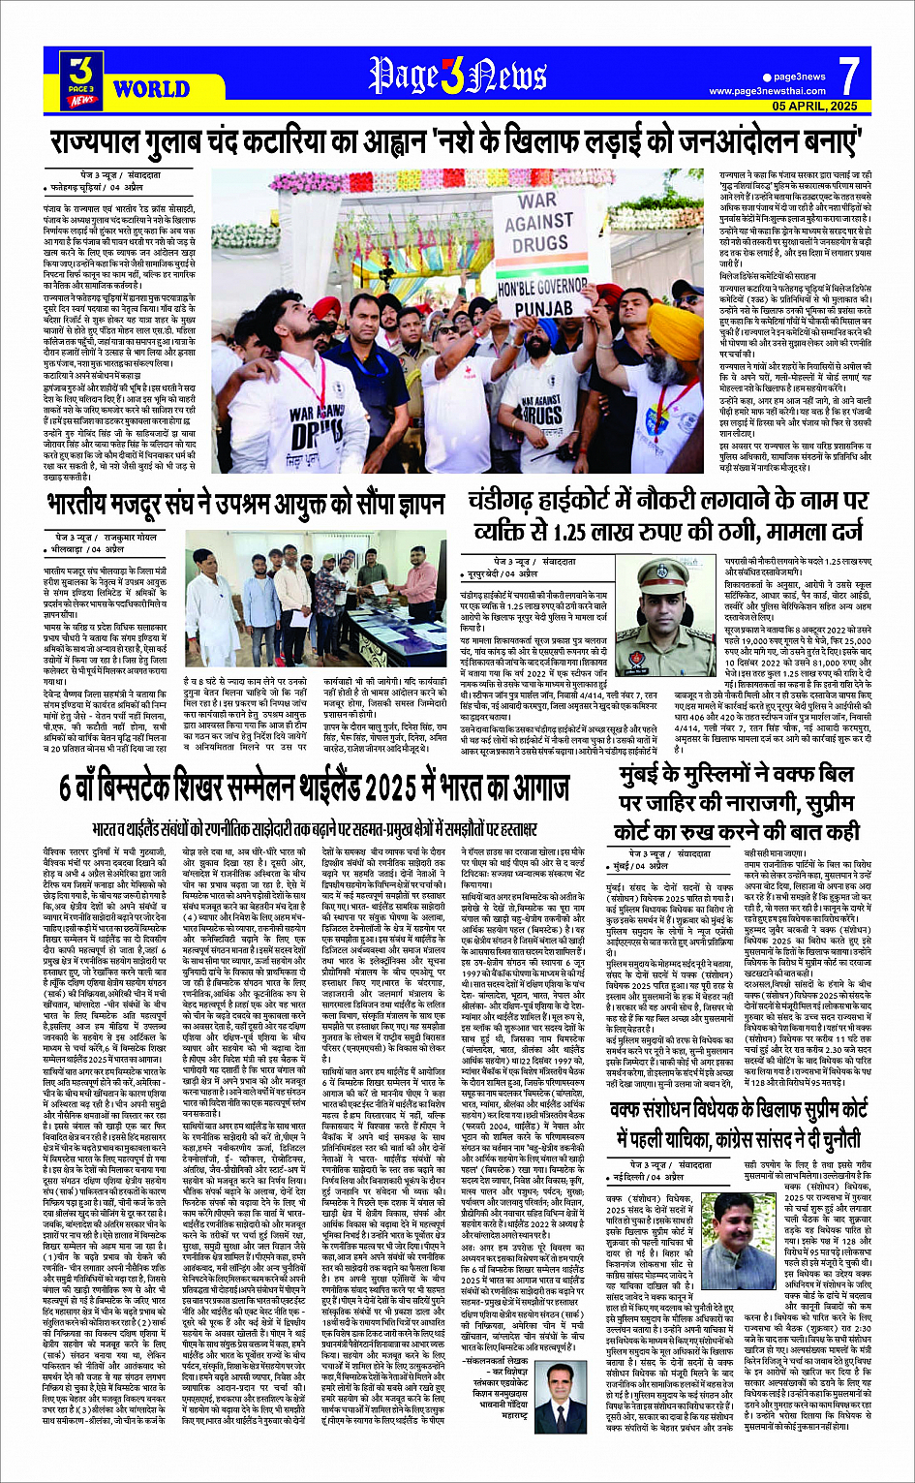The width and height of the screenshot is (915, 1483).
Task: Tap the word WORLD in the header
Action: click(x=150, y=90)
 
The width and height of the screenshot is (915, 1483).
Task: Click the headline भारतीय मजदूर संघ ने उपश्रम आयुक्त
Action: click(x=246, y=506)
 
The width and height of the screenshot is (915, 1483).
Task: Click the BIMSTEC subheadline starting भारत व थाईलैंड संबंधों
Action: click(x=314, y=829)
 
